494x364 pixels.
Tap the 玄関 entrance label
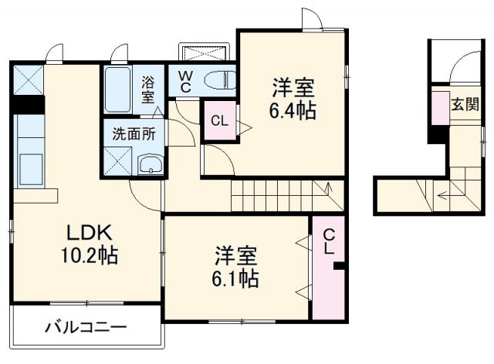click(x=463, y=104)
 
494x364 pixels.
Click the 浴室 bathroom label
click(x=148, y=88)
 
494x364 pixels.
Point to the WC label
click(x=187, y=81)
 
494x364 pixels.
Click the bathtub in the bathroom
click(x=118, y=89)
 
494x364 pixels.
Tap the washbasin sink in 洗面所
click(x=151, y=163)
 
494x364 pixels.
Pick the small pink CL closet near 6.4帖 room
click(x=219, y=122)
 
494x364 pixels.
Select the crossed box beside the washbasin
click(x=119, y=160)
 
